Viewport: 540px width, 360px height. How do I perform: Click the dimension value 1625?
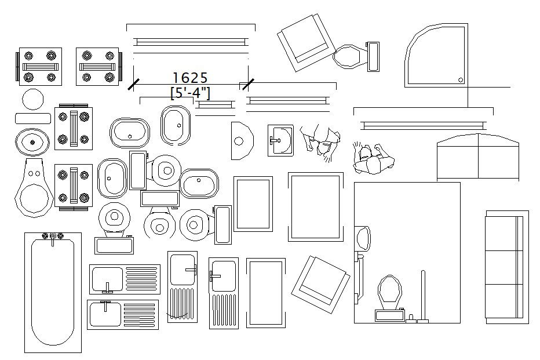click(190, 78)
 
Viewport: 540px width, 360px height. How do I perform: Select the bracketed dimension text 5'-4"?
click(190, 92)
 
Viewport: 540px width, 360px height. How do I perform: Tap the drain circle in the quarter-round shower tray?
click(461, 80)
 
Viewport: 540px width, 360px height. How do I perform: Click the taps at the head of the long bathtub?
click(53, 237)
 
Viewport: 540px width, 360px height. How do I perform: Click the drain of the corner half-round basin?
click(238, 140)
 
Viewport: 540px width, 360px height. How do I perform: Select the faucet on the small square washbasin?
click(274, 139)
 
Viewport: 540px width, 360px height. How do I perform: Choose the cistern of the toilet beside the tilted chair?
click(373, 57)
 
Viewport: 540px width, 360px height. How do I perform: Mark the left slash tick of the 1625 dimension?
click(134, 84)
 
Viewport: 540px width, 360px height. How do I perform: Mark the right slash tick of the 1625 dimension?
click(248, 84)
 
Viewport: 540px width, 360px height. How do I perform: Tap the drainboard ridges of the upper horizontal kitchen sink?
click(141, 279)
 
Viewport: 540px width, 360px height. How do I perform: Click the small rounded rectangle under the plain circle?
click(32, 118)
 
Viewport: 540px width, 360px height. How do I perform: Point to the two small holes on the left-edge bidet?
click(34, 172)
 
